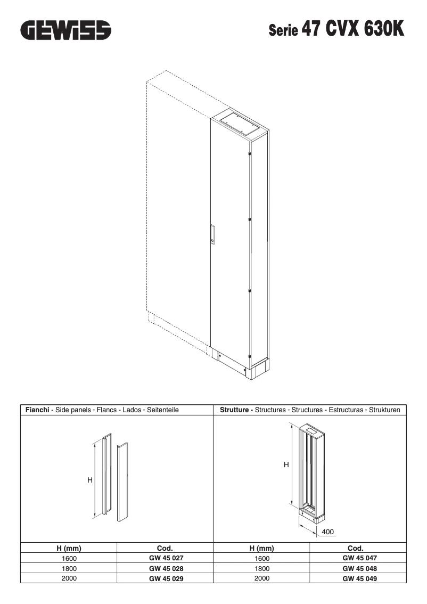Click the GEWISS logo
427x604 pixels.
[66, 30]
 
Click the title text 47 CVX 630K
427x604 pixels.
[352, 29]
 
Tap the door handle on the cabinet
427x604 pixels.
[212, 234]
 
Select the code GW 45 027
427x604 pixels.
[166, 558]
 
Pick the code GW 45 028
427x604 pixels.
[166, 568]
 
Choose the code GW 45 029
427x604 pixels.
[166, 578]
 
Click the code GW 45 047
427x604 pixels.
[359, 558]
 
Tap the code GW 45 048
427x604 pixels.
[359, 568]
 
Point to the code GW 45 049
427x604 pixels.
[359, 578]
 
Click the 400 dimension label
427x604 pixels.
[328, 532]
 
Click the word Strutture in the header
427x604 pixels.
[236, 410]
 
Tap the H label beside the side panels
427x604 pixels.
[90, 480]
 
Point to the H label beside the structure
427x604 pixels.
[286, 464]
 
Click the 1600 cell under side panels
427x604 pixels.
[69, 559]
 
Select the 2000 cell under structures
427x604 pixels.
[262, 578]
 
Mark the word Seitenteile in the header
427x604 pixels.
[161, 410]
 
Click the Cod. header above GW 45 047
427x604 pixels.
[355, 548]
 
